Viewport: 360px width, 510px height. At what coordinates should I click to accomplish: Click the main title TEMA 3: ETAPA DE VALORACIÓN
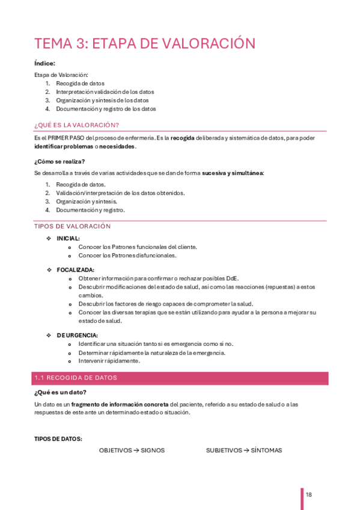[x=145, y=43]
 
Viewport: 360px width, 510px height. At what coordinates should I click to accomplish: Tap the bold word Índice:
[x=44, y=63]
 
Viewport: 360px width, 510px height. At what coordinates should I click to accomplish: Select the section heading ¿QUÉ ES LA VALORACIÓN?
[x=76, y=125]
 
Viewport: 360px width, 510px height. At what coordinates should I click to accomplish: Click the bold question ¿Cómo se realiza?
[x=59, y=161]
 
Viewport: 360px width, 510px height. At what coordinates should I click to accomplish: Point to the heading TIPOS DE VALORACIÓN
[x=73, y=226]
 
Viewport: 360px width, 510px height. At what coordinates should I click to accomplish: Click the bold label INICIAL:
[x=68, y=239]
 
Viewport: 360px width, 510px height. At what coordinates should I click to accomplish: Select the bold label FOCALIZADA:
[x=75, y=270]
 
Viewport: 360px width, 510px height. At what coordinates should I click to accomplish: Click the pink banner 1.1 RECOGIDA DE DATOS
[x=180, y=378]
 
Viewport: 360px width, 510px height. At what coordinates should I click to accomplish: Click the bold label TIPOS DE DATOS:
[x=58, y=439]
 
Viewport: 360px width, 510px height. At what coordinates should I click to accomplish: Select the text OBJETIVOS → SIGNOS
[x=132, y=450]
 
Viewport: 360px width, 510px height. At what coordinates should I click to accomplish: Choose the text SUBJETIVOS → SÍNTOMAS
[x=243, y=450]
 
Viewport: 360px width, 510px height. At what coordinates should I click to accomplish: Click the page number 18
[x=308, y=494]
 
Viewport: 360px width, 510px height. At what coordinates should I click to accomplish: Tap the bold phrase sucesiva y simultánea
[x=232, y=173]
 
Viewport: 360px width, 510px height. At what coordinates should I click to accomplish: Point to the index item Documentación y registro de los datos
[x=106, y=109]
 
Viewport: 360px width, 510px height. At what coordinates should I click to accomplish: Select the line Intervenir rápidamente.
[x=109, y=361]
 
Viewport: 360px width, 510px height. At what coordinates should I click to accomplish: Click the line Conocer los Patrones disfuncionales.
[x=127, y=255]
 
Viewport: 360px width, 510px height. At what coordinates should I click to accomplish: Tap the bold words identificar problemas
[x=63, y=146]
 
